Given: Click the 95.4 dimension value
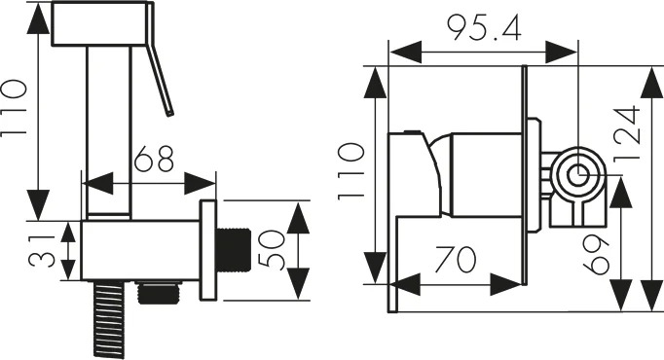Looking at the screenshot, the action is pos(485,29).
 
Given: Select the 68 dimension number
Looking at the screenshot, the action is pos(154,159).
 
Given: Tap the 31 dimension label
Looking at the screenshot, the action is pos(42,251).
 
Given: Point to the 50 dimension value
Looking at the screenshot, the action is pos(271,250).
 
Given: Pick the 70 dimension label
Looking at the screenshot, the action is pos(456,260).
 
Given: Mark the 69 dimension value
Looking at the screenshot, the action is pos(596,255).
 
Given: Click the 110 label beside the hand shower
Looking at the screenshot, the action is pos(14,107).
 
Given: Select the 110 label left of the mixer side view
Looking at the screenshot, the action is pos(351,171).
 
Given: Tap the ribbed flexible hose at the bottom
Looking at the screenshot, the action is pos(109,320).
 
